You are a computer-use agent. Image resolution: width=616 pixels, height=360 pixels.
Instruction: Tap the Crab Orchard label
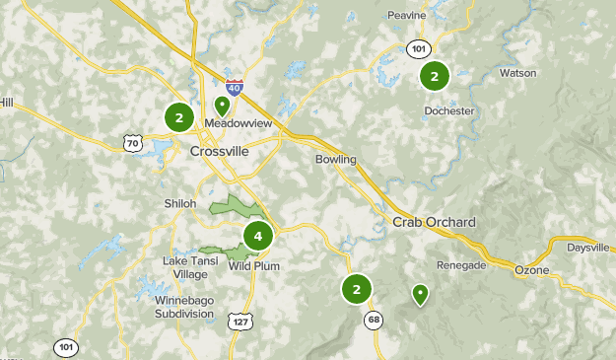tap(434, 222)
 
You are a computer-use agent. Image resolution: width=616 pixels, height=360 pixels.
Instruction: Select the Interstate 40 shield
tap(234, 89)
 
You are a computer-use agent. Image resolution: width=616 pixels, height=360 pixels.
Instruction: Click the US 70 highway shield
tap(133, 144)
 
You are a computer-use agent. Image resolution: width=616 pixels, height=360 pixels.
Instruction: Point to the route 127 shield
tap(240, 322)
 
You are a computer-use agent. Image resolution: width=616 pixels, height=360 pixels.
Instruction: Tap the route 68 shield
tap(374, 319)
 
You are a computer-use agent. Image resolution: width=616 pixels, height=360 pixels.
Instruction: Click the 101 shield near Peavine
tap(419, 48)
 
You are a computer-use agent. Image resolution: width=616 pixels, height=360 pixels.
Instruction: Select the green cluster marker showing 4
tap(258, 236)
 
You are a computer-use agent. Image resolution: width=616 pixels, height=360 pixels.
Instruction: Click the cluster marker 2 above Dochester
tap(435, 75)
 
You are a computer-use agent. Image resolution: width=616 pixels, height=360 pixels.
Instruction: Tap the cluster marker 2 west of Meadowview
tap(178, 118)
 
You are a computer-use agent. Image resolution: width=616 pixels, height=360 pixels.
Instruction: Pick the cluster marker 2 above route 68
tap(356, 289)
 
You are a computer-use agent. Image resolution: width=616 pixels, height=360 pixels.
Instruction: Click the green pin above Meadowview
tap(223, 105)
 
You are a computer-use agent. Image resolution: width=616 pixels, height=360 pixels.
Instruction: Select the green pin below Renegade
tap(421, 293)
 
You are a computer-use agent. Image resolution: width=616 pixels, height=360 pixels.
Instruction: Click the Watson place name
tap(517, 73)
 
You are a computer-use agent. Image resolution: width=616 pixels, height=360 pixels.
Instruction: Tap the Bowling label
tap(335, 160)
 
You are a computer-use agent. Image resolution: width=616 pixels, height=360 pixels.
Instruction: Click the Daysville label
tap(587, 249)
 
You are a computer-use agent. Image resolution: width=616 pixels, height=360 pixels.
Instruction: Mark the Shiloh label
tap(180, 203)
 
